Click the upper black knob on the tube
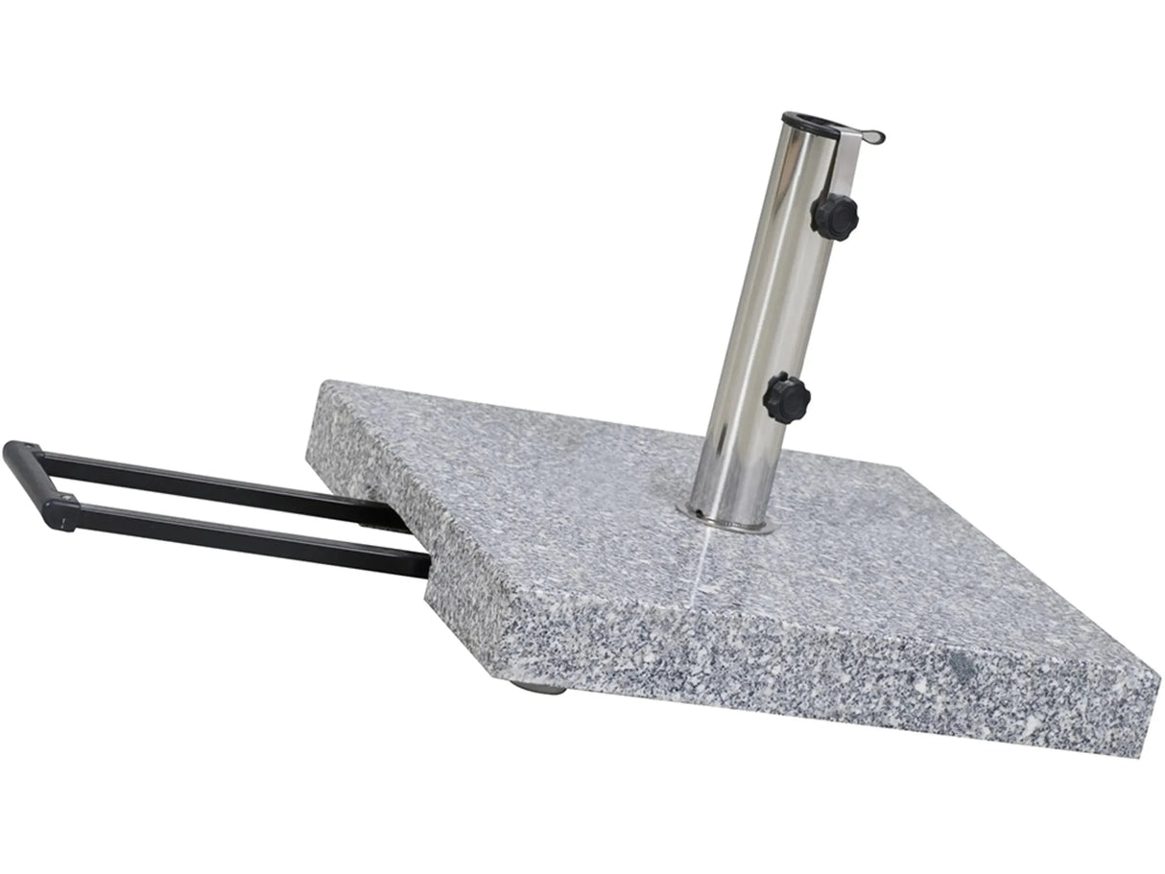(834, 216)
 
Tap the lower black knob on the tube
(787, 398)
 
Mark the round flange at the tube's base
(729, 523)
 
